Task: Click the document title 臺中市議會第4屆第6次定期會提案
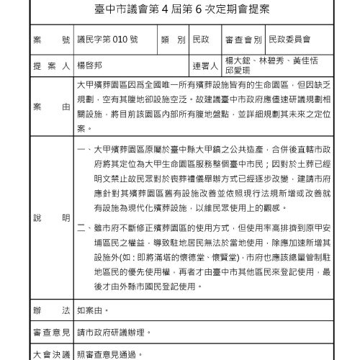pyautogui.click(x=180, y=9)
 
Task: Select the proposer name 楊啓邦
pyautogui.click(x=91, y=65)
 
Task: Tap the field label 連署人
pyautogui.click(x=206, y=65)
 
